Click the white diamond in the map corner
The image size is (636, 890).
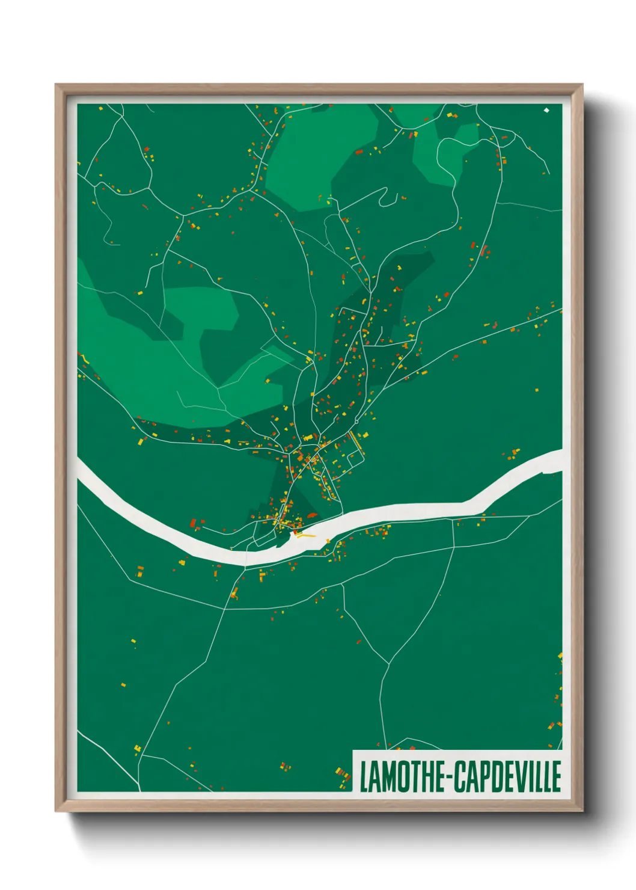pyautogui.click(x=546, y=110)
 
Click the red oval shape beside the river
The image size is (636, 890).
pyautogui.click(x=311, y=515)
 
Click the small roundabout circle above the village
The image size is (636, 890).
pyautogui.click(x=356, y=422)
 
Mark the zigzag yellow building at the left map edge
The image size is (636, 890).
pyautogui.click(x=84, y=357)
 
